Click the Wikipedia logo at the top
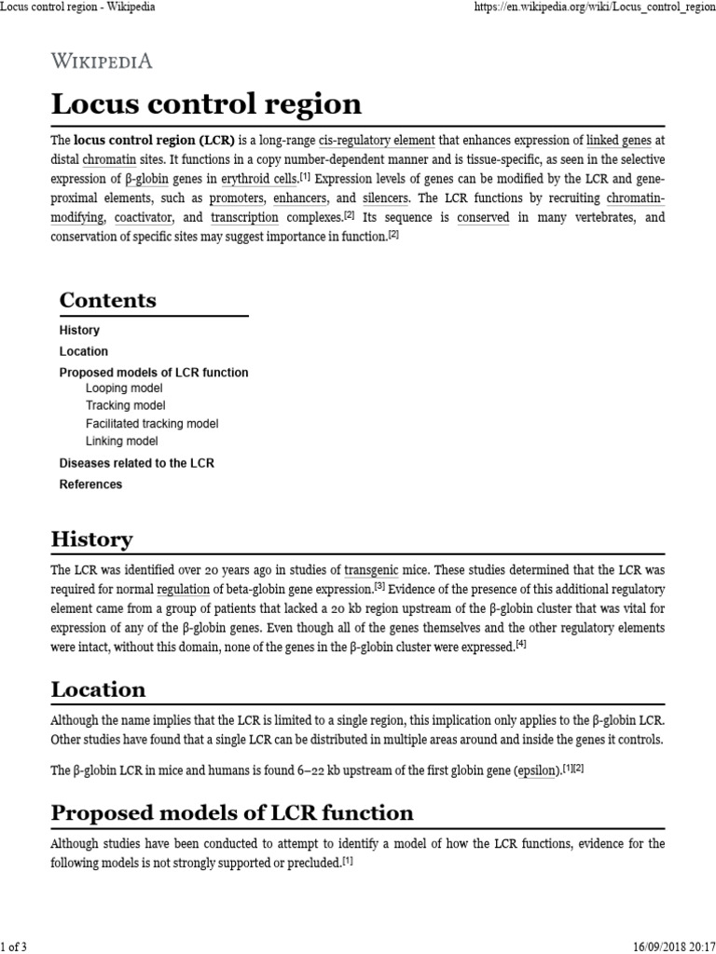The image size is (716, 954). pos(102,61)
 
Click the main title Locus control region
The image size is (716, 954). pos(206,103)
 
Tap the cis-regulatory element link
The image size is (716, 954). pos(377,140)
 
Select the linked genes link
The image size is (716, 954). pos(619,140)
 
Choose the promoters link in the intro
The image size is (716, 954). pos(236,198)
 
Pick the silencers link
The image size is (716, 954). pos(386,198)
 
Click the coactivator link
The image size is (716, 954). pos(145,218)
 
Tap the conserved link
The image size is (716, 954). pos(482,218)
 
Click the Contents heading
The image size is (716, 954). pos(107,300)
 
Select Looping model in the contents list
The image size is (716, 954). pos(124,388)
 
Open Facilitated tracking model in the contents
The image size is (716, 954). pos(152,423)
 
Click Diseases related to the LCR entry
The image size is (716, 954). pos(137,463)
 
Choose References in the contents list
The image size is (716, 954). pos(90,484)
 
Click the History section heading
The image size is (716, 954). pos(91,538)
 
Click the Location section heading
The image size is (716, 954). pos(98,689)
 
